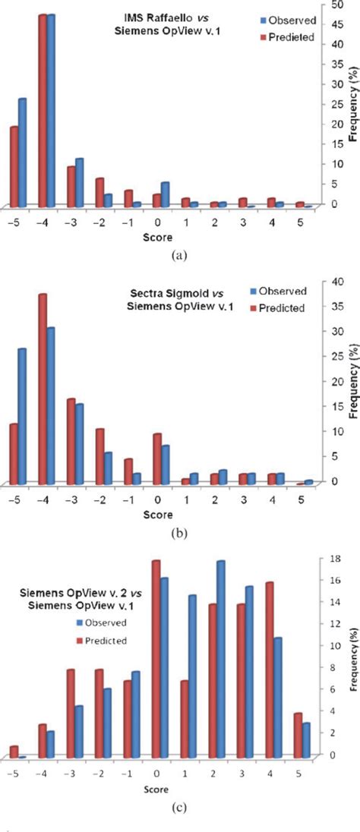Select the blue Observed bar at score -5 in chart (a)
[x=23, y=152]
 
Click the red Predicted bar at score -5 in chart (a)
[x=14, y=165]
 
